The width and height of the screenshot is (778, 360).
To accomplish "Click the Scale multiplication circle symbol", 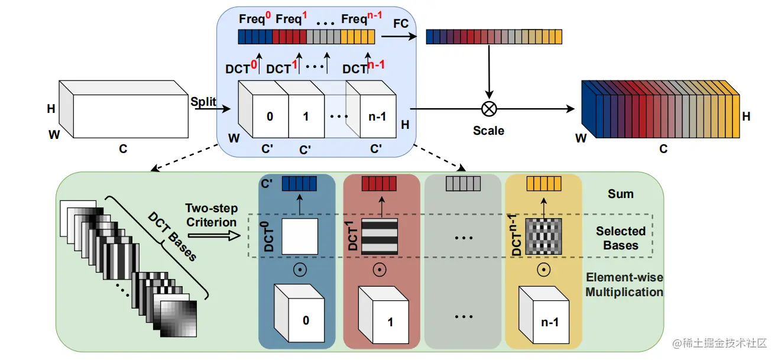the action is (x=489, y=109).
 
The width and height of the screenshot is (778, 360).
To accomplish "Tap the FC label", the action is (x=400, y=24).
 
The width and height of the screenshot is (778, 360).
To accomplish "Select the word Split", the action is (x=203, y=102).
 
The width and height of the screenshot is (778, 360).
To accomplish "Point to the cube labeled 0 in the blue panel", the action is (x=299, y=313).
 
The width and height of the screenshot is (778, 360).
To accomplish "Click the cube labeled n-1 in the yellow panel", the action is (x=543, y=315).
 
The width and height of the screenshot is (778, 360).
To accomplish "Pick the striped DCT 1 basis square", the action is (x=380, y=236).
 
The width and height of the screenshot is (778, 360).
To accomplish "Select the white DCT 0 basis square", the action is (x=299, y=236).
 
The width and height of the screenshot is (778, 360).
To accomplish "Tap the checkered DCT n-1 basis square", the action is (x=543, y=236).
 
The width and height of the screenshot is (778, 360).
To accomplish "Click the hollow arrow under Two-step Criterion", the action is (x=214, y=236).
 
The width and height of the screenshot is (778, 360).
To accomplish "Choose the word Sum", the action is (x=621, y=194).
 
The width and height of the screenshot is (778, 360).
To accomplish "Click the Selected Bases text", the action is (x=621, y=238).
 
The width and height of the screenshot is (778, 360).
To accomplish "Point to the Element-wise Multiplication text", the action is (x=624, y=285).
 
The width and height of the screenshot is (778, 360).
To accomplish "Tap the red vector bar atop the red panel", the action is (x=379, y=184).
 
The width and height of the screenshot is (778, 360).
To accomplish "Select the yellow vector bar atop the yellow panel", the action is (x=544, y=184).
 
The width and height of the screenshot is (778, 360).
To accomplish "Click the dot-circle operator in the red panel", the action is (x=380, y=270).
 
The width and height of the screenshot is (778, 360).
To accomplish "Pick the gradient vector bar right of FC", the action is (x=494, y=37).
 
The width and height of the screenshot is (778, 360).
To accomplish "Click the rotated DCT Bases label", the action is (x=172, y=236).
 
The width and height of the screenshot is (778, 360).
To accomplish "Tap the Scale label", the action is (x=488, y=131).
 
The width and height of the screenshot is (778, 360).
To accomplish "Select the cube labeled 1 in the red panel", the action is (x=383, y=315).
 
